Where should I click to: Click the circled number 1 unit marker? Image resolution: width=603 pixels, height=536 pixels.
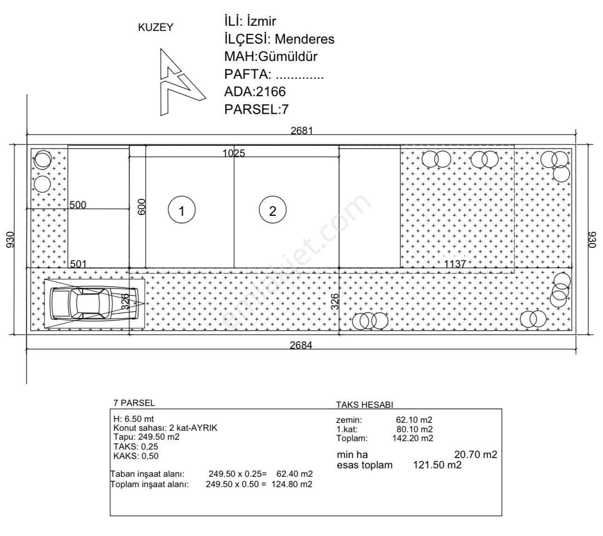click(x=182, y=211)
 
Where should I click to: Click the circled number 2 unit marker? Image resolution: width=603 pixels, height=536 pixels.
click(x=273, y=211)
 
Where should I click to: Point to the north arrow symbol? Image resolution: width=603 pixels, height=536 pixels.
click(x=178, y=82)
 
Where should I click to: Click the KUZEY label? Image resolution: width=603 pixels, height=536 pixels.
click(x=155, y=28)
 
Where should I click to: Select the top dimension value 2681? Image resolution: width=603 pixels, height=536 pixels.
click(x=301, y=130)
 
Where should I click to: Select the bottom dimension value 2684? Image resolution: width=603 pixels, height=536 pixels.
click(x=301, y=345)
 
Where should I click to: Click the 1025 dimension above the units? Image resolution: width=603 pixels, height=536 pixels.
click(x=233, y=153)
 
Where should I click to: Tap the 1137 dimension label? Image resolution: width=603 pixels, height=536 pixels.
click(x=455, y=264)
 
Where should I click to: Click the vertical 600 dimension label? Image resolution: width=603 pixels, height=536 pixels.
click(x=142, y=207)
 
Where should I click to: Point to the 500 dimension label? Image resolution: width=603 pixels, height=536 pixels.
click(x=78, y=205)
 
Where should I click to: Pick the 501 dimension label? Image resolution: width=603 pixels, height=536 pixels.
click(x=78, y=264)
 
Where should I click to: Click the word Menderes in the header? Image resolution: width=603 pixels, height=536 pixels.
click(x=304, y=39)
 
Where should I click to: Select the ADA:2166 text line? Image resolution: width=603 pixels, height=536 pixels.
click(x=255, y=92)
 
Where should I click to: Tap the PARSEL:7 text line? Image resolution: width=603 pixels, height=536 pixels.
click(x=256, y=109)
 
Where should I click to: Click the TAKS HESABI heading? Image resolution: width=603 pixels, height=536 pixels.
click(x=364, y=405)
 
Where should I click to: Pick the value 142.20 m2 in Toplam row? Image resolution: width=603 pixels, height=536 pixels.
click(x=412, y=438)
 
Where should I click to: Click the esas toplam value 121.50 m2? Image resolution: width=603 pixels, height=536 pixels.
click(x=437, y=465)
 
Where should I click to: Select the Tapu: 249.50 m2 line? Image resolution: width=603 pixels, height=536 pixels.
click(x=147, y=437)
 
